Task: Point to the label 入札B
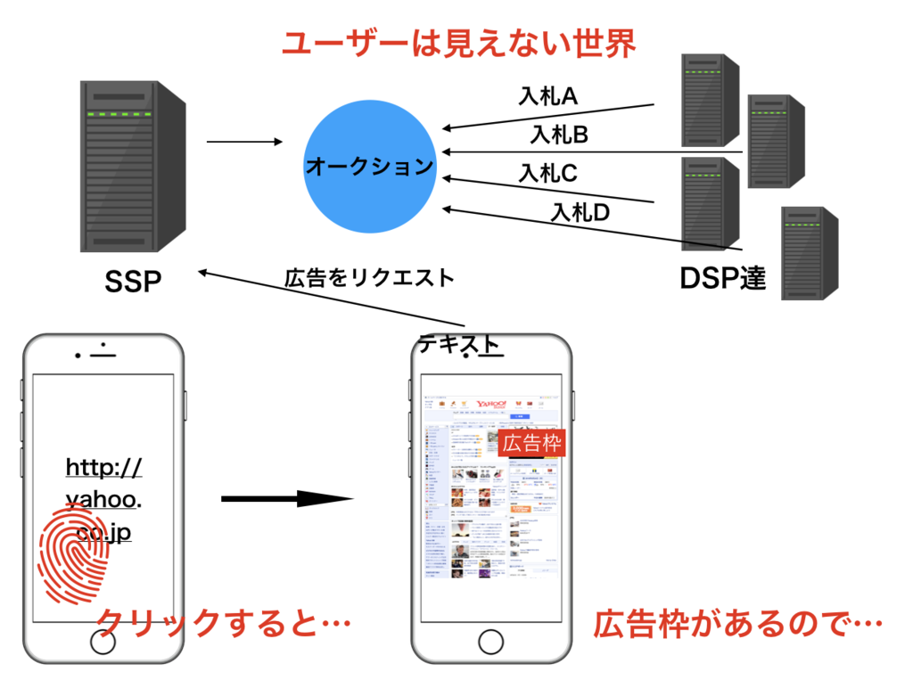pos(559,135)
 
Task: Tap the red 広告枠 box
pos(532,443)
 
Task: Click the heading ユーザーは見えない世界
pos(458,43)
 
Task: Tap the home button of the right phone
pos(490,642)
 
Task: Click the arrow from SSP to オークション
pos(243,142)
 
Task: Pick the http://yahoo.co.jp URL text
pos(103,499)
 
